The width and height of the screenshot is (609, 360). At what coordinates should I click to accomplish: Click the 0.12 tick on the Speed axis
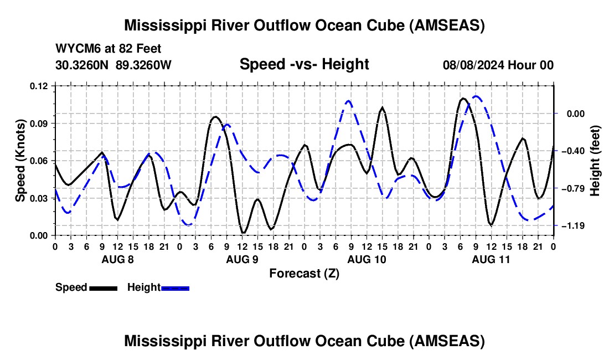40,86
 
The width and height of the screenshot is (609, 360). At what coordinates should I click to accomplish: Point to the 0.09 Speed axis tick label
40,123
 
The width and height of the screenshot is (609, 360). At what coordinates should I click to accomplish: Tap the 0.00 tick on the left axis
40,235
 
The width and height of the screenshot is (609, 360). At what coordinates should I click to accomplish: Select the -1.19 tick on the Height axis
572,225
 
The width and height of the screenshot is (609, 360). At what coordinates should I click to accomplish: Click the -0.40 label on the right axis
572,151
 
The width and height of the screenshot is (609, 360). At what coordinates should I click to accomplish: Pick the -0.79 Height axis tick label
572,188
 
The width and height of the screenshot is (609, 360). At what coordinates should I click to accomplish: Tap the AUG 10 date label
366,259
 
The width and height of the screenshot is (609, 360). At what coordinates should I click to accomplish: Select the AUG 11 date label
491,259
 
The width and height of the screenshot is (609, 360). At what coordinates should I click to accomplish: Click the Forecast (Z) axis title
304,273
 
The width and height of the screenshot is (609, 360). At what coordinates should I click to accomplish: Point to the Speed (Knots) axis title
20,161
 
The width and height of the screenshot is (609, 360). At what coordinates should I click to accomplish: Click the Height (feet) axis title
595,161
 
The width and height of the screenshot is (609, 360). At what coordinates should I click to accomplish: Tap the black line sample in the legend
102,287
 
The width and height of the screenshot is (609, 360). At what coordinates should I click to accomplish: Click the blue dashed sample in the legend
175,287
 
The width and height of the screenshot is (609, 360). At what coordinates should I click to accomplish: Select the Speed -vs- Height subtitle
304,64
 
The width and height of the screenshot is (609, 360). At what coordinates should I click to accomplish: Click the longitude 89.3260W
144,65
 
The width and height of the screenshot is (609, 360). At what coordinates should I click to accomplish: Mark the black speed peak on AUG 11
463,98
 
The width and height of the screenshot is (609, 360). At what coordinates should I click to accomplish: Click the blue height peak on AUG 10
348,101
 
